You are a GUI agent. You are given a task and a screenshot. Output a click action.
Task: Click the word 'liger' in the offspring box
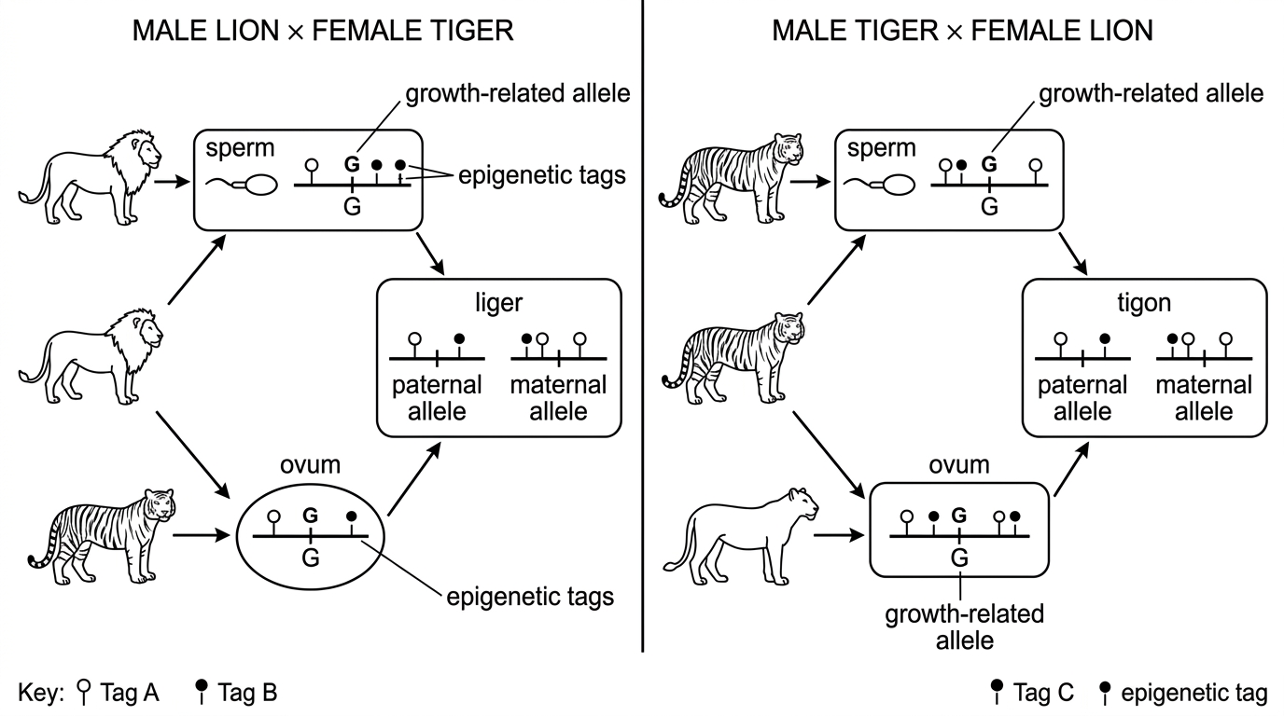[498, 303]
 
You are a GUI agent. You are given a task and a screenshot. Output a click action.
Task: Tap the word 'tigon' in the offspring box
[1144, 303]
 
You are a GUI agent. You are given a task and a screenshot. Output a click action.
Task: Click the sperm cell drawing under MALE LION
[242, 185]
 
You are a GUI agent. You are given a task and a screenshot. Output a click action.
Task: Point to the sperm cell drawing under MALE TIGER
[880, 185]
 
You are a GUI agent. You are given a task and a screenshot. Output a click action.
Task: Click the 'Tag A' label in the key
[130, 693]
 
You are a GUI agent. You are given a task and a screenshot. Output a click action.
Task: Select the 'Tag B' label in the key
[247, 693]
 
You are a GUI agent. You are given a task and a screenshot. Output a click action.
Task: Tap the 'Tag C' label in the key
[1043, 693]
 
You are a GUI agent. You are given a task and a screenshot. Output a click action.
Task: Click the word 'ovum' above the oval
[310, 464]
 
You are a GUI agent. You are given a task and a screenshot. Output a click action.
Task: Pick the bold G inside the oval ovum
[310, 516]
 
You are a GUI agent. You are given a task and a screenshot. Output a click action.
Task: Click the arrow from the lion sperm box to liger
[430, 254]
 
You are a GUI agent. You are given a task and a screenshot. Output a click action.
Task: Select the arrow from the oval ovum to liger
[414, 479]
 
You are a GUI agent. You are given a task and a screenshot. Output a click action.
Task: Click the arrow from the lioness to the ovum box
[839, 535]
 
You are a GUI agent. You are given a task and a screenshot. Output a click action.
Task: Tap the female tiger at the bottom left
[102, 536]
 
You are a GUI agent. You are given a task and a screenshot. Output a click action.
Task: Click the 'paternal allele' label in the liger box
[437, 398]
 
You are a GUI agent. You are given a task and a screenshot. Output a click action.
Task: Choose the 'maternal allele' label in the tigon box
[1204, 398]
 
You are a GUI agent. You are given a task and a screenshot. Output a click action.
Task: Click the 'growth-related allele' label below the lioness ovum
[965, 627]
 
